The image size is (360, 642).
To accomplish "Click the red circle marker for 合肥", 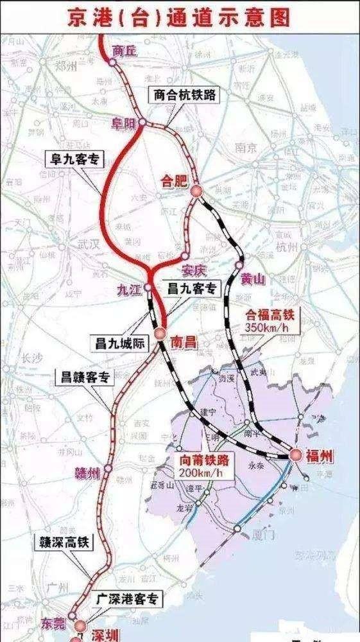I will coord(195,190).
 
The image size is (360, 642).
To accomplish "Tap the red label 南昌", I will coord(182,343).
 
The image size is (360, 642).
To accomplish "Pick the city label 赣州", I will coord(89,474).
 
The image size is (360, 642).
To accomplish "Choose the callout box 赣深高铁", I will coord(64,542).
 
